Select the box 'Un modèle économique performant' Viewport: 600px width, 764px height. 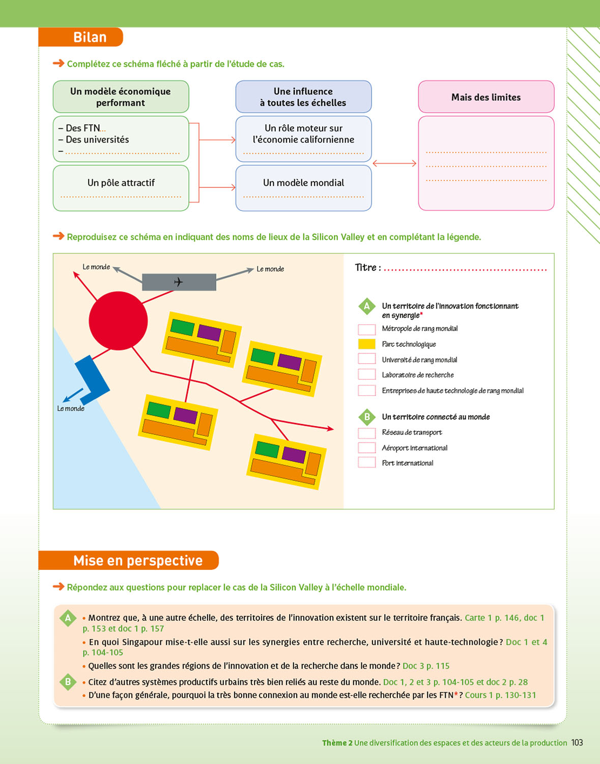point(121,97)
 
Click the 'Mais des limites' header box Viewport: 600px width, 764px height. point(486,97)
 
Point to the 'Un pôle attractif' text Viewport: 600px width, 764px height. point(121,182)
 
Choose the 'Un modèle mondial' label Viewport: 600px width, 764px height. point(303,182)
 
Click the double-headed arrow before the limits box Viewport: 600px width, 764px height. point(394,163)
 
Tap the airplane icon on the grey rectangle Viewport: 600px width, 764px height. point(178,282)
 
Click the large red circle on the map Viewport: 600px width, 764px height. point(118,321)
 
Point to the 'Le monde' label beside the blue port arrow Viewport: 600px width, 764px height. point(71,408)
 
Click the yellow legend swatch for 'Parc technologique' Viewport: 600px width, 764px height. point(366,344)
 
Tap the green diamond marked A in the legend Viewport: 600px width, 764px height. point(366,306)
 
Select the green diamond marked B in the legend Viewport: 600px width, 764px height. point(366,417)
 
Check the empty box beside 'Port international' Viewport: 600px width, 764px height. point(366,462)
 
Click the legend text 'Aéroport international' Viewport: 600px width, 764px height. point(415,448)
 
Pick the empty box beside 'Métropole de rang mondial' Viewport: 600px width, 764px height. point(366,329)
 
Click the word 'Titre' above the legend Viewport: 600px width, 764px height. point(366,267)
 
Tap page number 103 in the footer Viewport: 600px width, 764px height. point(577,743)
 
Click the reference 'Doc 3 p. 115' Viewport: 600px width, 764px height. point(426,666)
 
